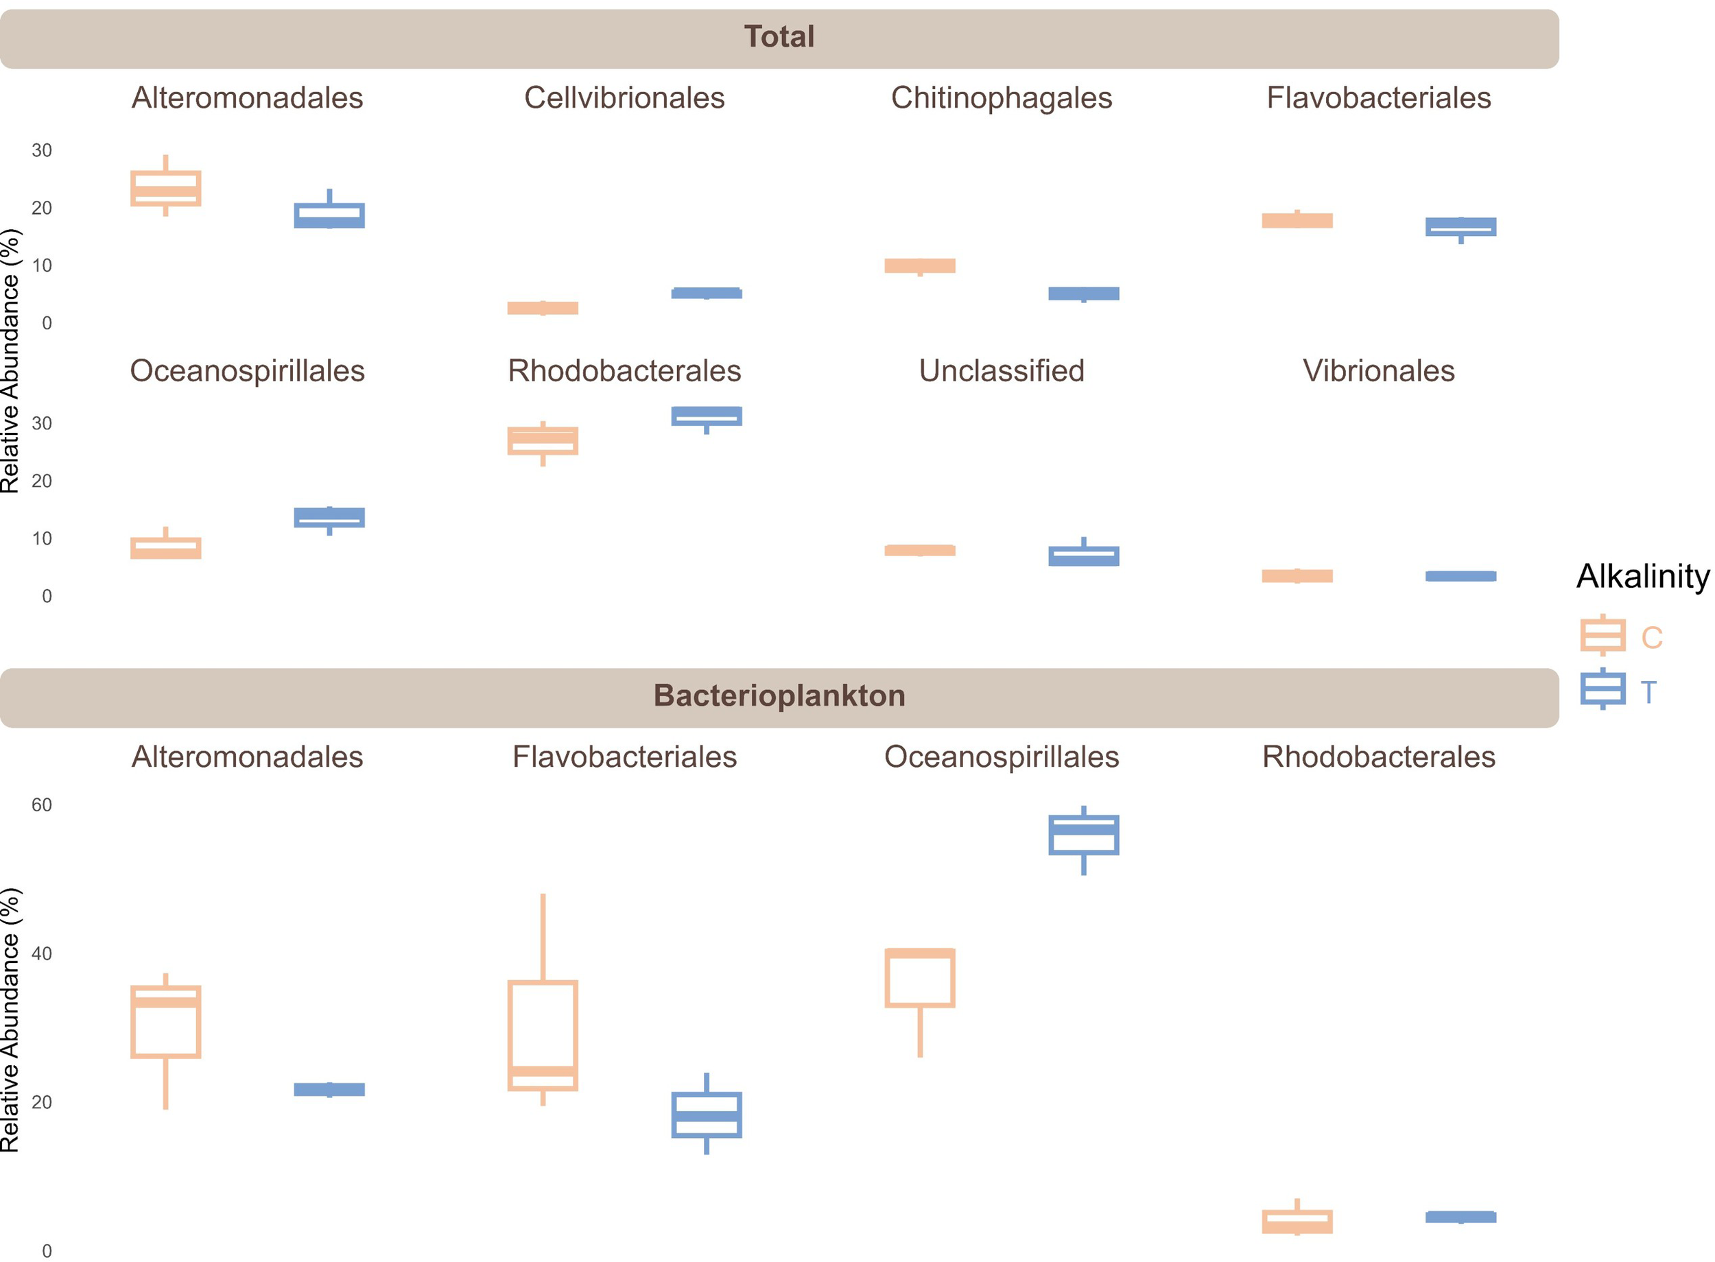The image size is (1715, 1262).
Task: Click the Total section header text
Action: (x=779, y=36)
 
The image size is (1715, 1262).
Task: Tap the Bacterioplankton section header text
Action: (x=779, y=696)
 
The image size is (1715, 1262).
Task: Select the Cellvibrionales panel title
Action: (x=624, y=98)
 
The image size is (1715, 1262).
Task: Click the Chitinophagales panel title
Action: (x=1001, y=98)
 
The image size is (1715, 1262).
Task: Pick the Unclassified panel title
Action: (x=1001, y=371)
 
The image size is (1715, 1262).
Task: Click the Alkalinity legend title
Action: (x=1642, y=576)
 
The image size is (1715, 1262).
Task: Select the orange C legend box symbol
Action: (x=1602, y=636)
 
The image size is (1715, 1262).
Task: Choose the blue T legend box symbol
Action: (x=1602, y=690)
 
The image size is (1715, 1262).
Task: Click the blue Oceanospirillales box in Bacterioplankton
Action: (x=1083, y=835)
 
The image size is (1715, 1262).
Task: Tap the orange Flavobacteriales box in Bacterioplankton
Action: (x=543, y=1036)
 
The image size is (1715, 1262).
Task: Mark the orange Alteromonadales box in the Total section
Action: (x=166, y=189)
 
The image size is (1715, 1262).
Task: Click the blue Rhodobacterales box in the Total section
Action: (x=706, y=416)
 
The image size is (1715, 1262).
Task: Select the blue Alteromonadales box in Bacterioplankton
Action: (x=329, y=1089)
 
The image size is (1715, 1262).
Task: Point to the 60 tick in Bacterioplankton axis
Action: (x=41, y=805)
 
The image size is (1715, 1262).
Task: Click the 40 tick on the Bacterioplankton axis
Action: (x=41, y=954)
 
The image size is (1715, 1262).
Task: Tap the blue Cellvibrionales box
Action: (x=706, y=294)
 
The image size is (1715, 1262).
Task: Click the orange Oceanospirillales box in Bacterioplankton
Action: (x=919, y=978)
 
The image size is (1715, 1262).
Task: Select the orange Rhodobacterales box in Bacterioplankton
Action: (x=1297, y=1222)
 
